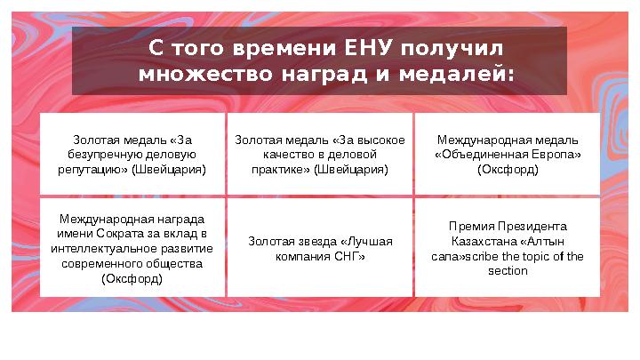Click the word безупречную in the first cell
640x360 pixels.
100,154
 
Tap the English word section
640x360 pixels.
508,271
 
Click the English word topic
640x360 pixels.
530,256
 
